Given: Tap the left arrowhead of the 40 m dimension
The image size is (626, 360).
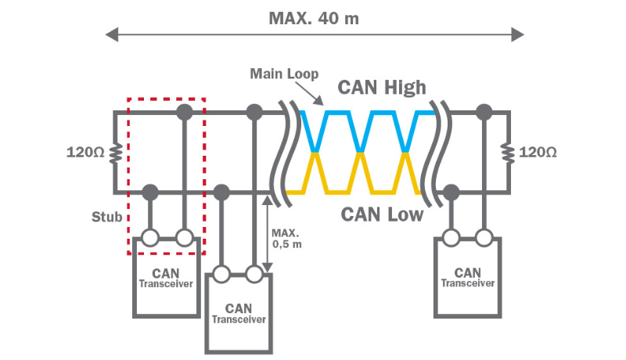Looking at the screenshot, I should pos(112,34).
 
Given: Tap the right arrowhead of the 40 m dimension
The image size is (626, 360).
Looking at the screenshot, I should pos(517,34).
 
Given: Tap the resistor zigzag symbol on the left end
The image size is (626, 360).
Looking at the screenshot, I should pos(115,152).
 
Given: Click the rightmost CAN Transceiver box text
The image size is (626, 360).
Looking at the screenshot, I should pos(467,278).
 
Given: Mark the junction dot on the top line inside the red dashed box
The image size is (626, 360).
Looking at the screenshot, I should pos(184,113).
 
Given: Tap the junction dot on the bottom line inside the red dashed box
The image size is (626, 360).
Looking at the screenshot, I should pos(150,191).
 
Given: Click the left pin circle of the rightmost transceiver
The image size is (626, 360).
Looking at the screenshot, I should pos(451,238).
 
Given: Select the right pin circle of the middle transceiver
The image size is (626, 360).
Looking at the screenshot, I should pos(254,274).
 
